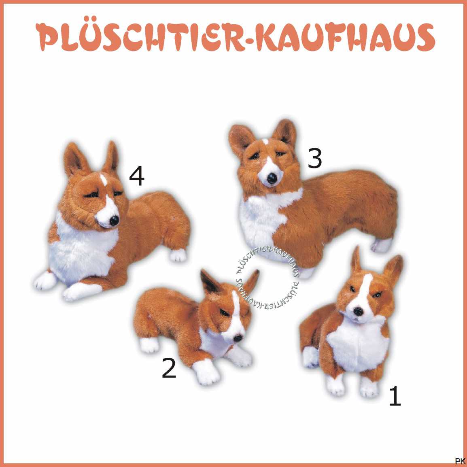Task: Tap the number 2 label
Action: (x=169, y=368)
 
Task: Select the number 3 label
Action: (x=315, y=158)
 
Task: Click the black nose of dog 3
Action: (x=272, y=178)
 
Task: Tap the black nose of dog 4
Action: (x=114, y=221)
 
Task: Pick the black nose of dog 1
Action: (x=358, y=312)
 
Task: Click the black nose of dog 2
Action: (x=238, y=338)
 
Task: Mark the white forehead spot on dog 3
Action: (x=265, y=142)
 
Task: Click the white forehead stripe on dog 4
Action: (x=103, y=180)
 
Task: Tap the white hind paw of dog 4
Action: (x=178, y=255)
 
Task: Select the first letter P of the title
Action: (x=49, y=37)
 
